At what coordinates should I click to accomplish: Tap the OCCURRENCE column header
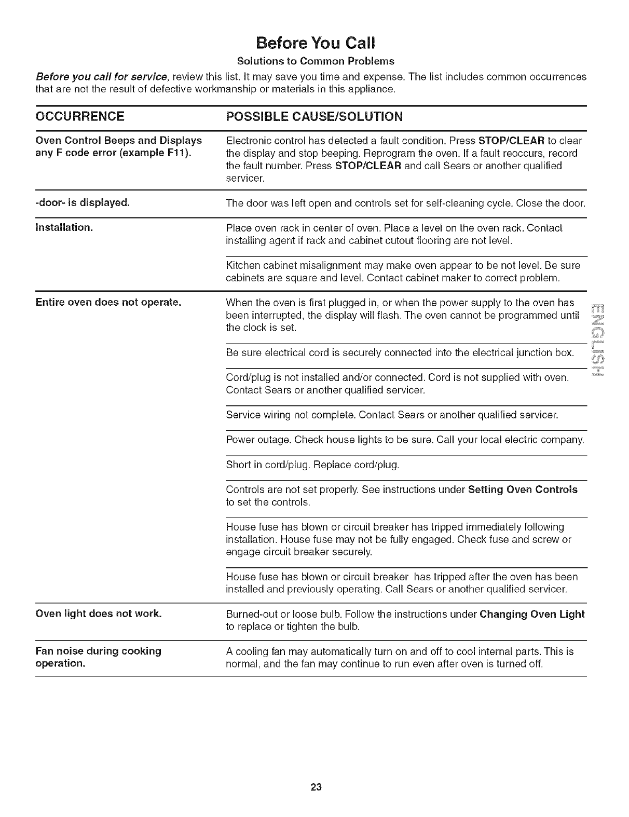[x=80, y=116]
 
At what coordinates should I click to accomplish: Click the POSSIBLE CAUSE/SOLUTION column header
[x=314, y=116]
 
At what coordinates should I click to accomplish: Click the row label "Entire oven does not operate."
[x=108, y=302]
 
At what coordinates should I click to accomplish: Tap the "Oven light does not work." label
[x=99, y=614]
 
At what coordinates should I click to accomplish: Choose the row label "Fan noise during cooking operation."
[x=98, y=657]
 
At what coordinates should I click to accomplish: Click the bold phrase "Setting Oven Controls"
[x=522, y=489]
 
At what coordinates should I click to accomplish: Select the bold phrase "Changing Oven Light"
[x=532, y=614]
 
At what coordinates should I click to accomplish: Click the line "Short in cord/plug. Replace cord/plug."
[x=313, y=465]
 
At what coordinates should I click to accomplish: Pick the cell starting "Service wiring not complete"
[x=392, y=415]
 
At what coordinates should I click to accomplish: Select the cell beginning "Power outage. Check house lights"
[x=405, y=440]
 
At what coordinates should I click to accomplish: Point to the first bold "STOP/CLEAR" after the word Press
[x=511, y=141]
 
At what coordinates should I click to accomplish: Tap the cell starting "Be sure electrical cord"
[x=400, y=353]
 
